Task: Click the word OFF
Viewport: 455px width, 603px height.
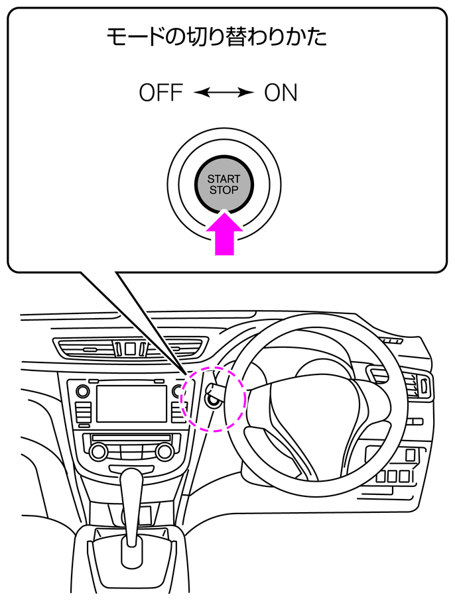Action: pyautogui.click(x=161, y=93)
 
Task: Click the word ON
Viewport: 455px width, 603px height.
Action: pyautogui.click(x=281, y=93)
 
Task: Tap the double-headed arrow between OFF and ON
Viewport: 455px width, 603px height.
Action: pyautogui.click(x=224, y=93)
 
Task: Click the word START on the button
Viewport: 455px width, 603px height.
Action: pyautogui.click(x=224, y=180)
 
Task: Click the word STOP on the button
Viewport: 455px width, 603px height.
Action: pyautogui.click(x=224, y=190)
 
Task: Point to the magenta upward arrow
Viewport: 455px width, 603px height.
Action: pyautogui.click(x=224, y=235)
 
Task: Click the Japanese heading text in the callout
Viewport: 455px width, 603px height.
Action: pyautogui.click(x=217, y=37)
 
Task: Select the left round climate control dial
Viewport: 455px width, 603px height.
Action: pyautogui.click(x=98, y=452)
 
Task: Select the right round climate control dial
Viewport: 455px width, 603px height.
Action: pyautogui.click(x=164, y=452)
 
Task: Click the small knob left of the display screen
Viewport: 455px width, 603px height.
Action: pyautogui.click(x=82, y=391)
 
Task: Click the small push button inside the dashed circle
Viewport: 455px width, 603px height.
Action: pyautogui.click(x=214, y=399)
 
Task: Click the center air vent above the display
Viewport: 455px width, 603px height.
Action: pyautogui.click(x=130, y=348)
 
